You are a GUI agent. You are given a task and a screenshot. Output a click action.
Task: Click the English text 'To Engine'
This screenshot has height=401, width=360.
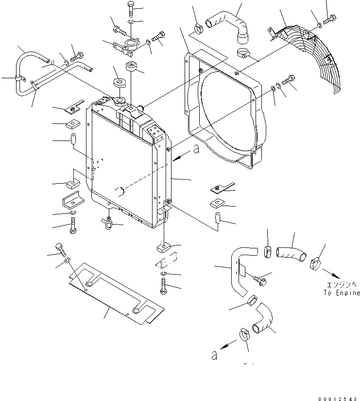tap(342, 293)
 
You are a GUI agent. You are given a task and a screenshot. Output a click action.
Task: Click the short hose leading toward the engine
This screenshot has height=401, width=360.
tap(290, 251)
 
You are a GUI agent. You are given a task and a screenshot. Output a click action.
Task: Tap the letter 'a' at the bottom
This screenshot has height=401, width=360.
tap(213, 355)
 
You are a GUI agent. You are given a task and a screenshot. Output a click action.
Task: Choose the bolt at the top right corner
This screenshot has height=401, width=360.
tap(332, 18)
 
